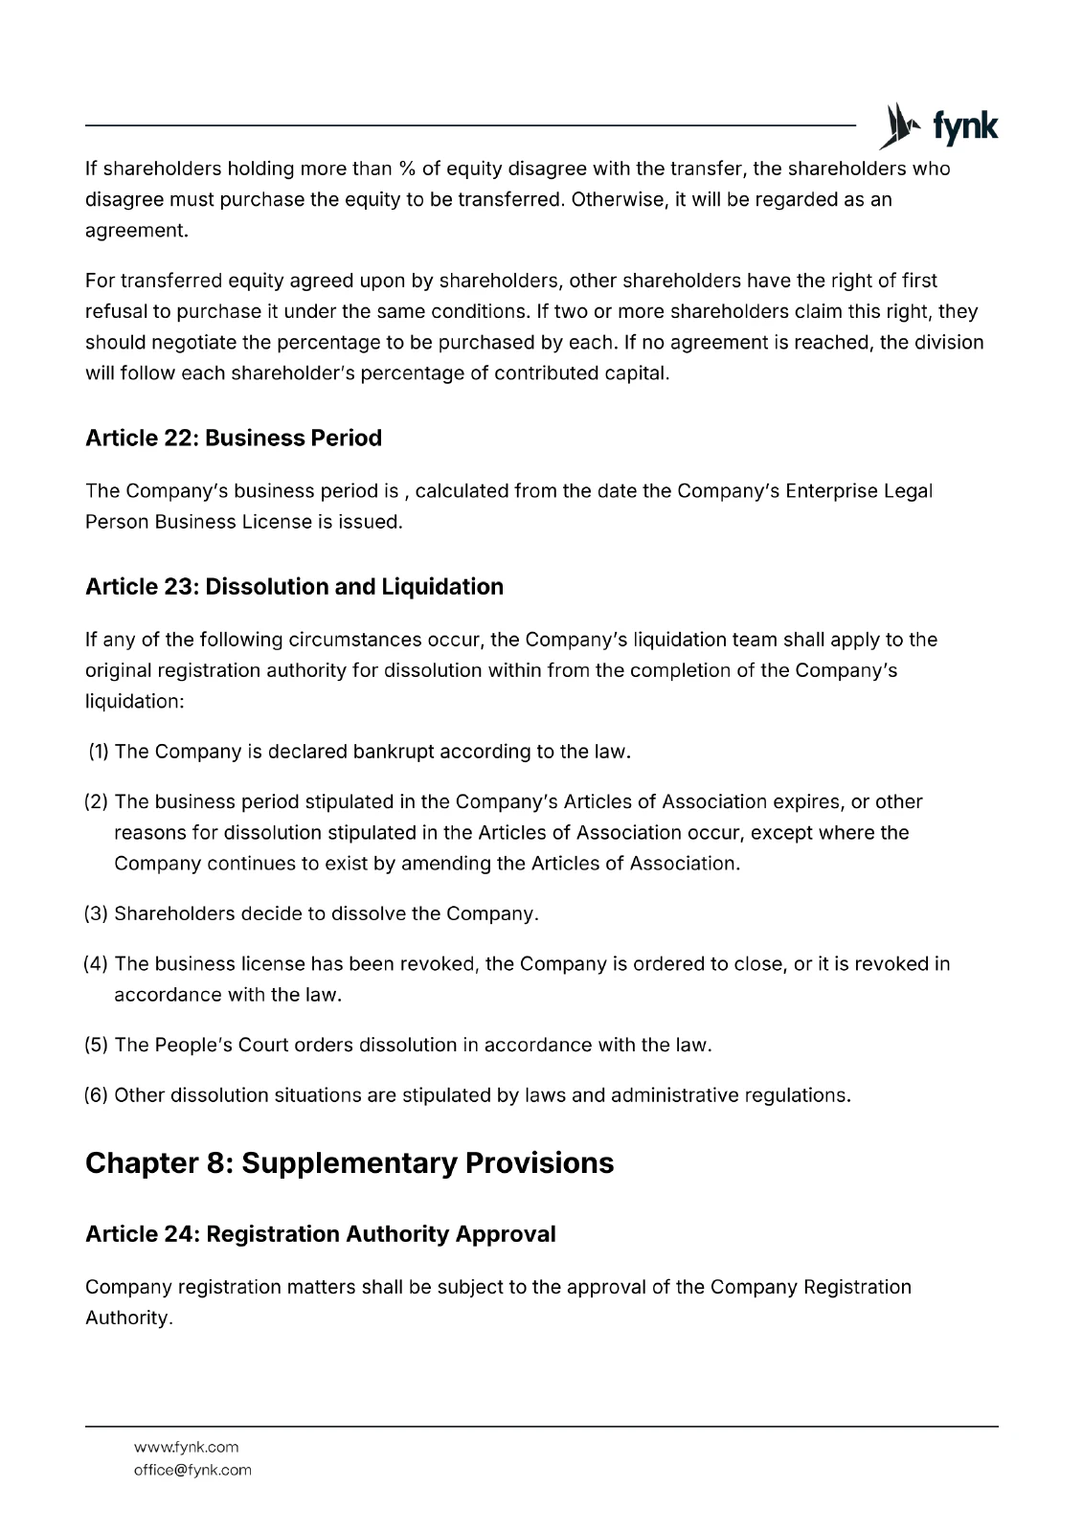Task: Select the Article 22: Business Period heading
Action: point(233,438)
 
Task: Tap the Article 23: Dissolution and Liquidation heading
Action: point(294,586)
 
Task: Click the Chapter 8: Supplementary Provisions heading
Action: point(349,1162)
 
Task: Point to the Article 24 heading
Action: point(320,1233)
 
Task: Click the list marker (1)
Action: point(99,752)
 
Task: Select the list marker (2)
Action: point(97,801)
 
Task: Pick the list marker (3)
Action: point(97,913)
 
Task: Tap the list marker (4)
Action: point(97,963)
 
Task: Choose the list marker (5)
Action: point(97,1045)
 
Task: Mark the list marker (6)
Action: point(97,1094)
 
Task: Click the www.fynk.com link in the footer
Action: point(186,1447)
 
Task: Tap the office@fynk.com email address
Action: point(192,1470)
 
